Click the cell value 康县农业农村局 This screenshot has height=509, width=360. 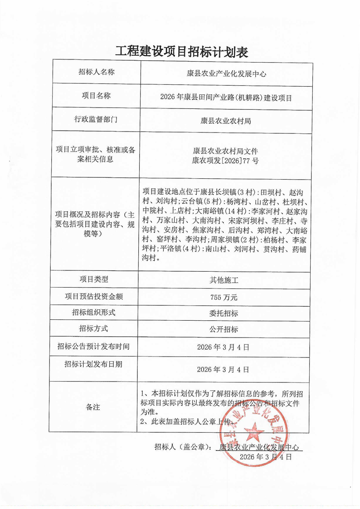(225, 121)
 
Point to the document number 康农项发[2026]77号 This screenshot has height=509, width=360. (225, 161)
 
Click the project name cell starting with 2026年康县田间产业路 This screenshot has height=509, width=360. (225, 97)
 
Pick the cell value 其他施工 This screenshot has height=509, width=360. (225, 280)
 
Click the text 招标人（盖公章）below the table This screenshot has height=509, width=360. (182, 447)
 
